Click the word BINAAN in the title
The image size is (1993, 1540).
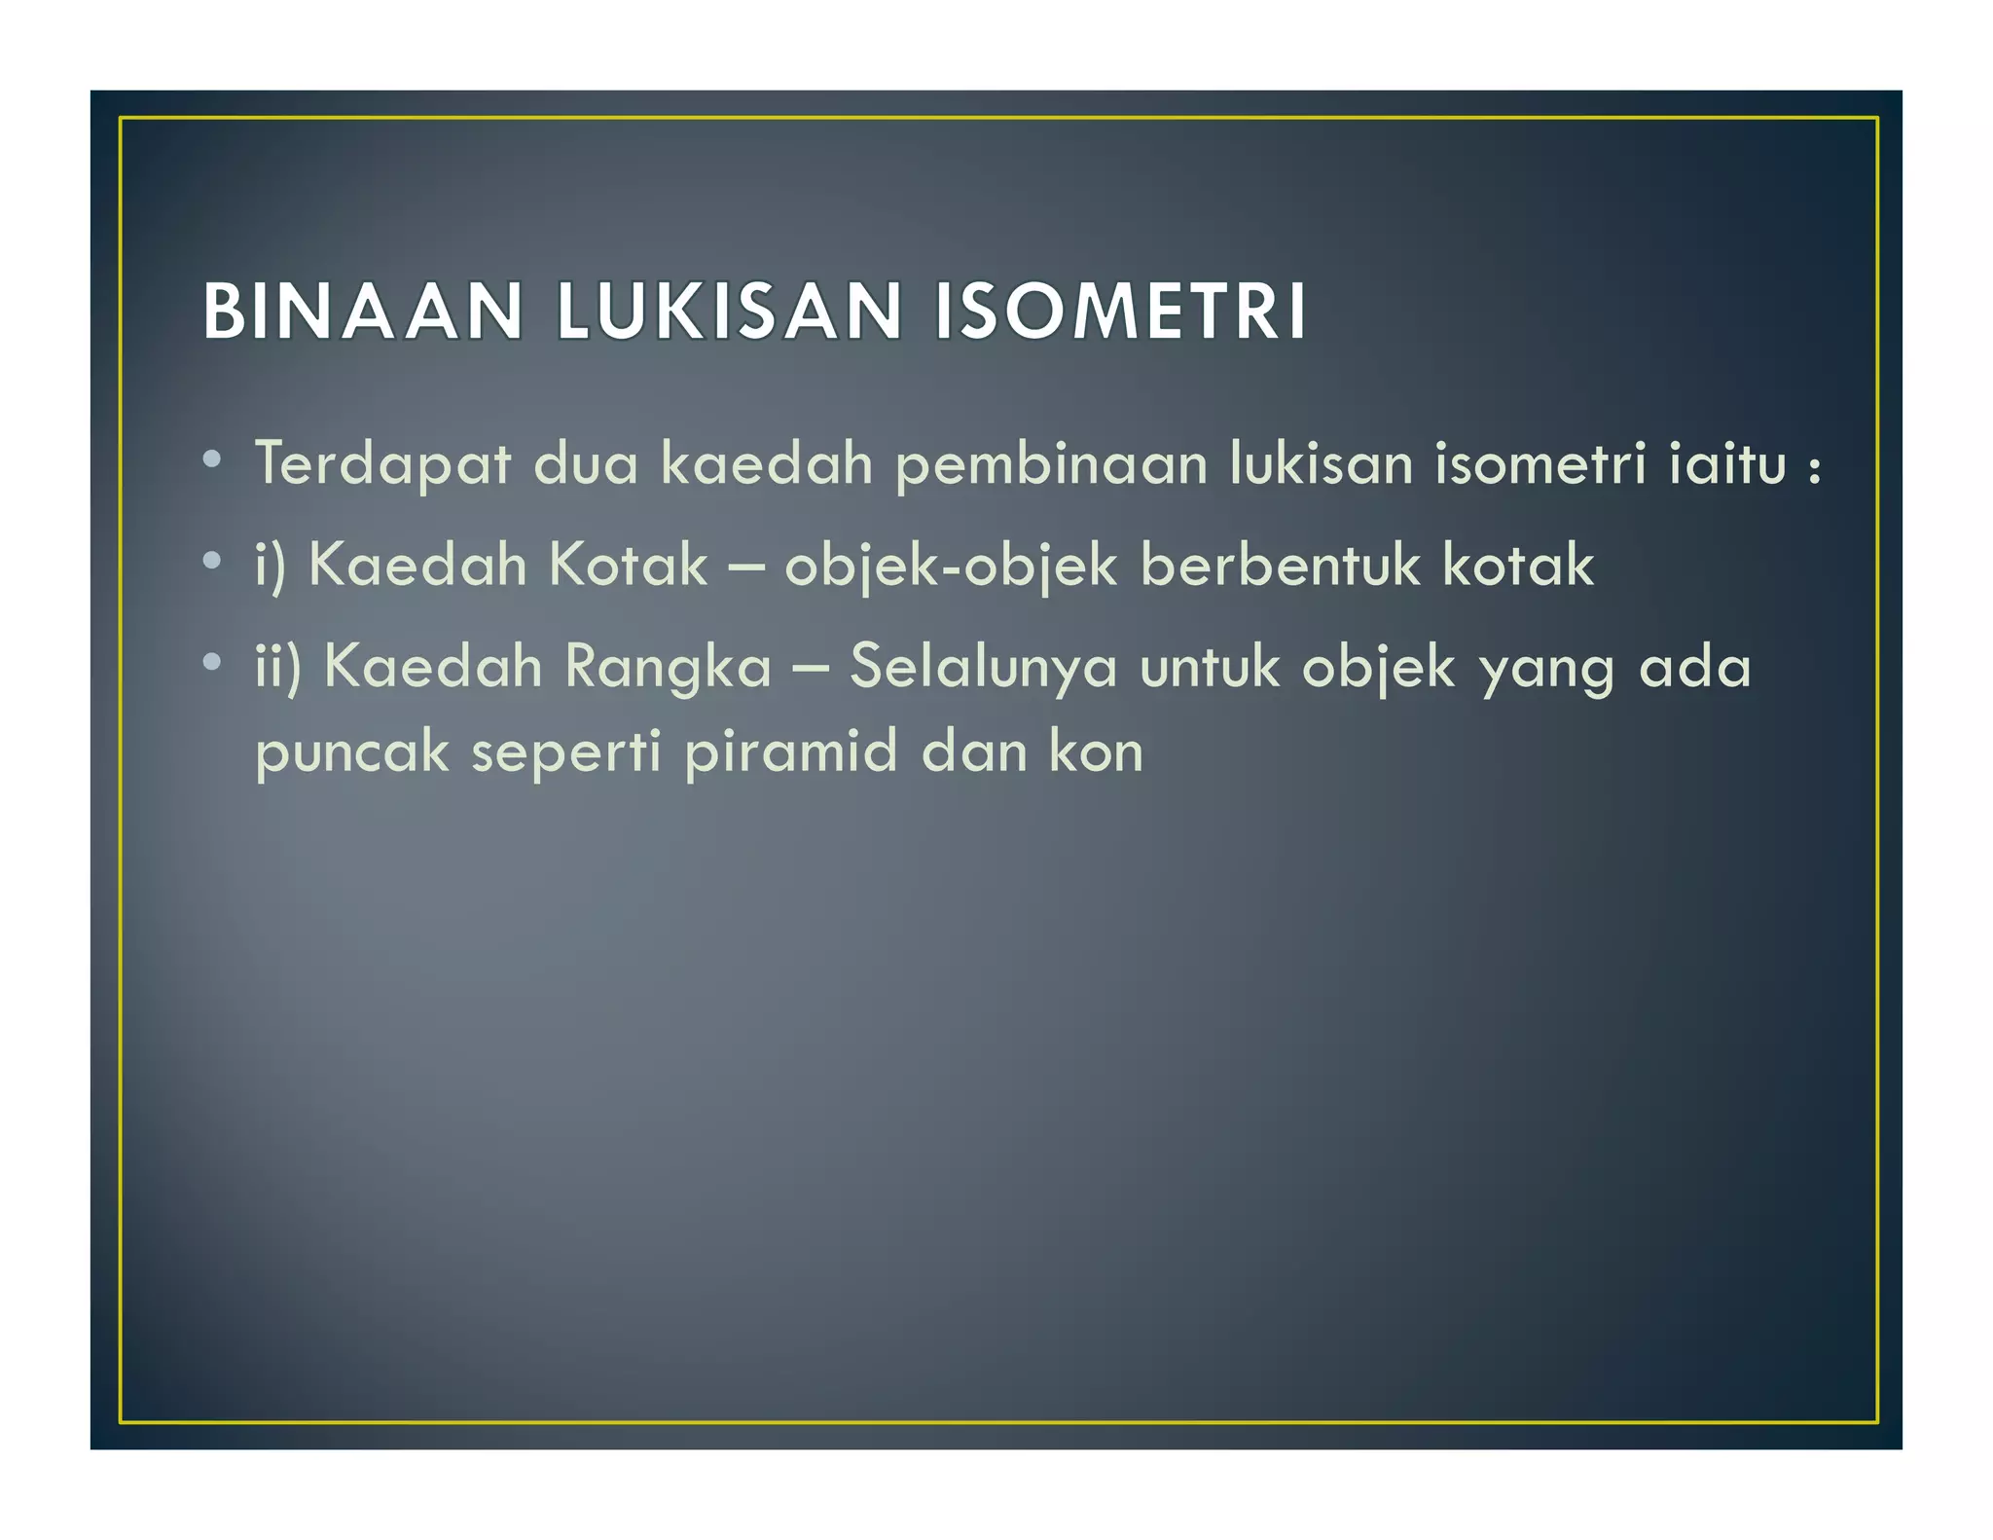pos(363,312)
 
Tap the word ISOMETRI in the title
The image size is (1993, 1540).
pos(1120,312)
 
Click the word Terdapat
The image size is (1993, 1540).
pos(382,464)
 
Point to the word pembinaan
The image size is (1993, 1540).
pos(1051,464)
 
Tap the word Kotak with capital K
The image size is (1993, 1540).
pos(628,565)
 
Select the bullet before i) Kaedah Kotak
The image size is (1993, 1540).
pos(212,560)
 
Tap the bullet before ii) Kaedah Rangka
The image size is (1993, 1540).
pos(212,662)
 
